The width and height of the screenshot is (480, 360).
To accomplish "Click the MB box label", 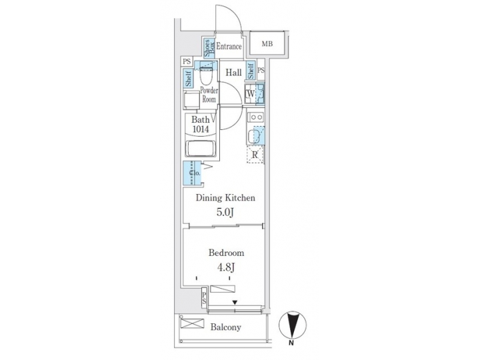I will (267, 44).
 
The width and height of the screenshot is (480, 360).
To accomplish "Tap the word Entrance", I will (229, 47).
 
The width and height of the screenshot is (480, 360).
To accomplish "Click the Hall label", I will (233, 72).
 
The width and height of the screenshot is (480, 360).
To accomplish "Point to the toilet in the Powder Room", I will (207, 73).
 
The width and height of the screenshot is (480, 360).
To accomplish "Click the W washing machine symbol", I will (249, 94).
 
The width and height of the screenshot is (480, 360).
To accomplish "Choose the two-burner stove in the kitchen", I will (256, 117).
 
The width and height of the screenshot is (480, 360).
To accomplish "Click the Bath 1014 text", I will (200, 124).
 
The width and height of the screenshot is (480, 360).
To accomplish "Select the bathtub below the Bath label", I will (200, 148).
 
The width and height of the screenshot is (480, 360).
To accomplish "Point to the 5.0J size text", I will (225, 213).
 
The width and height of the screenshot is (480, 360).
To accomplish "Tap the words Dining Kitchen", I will (225, 198).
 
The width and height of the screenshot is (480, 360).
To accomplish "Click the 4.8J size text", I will (225, 267).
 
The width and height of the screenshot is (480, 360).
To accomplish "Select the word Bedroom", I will (226, 253).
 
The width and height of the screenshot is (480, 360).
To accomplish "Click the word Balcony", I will (226, 327).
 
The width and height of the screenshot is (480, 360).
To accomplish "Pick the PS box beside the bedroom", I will (204, 298).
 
